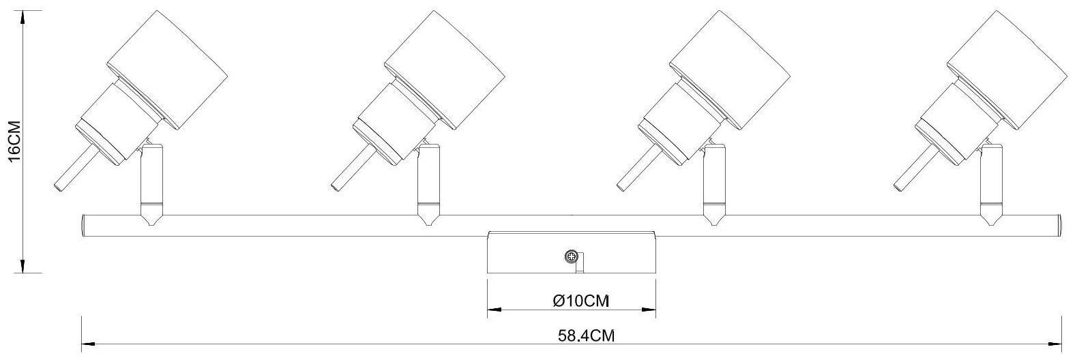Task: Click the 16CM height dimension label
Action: (x=14, y=141)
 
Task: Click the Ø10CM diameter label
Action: (x=581, y=301)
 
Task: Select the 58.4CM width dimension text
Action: (x=587, y=335)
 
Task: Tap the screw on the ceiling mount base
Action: (x=571, y=256)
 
